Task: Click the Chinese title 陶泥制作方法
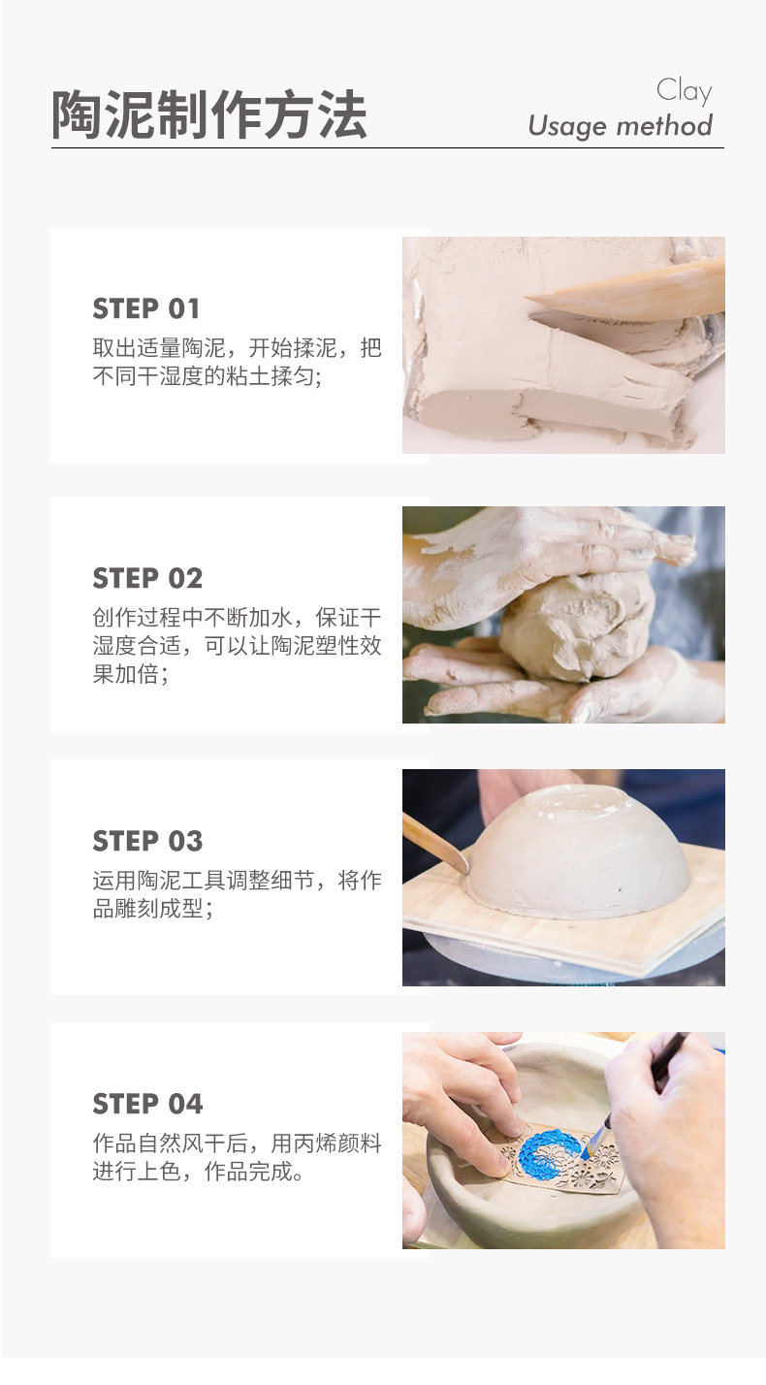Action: (x=209, y=115)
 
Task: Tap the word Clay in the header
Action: (x=684, y=91)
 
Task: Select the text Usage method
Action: (x=621, y=125)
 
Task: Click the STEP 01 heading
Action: (x=145, y=308)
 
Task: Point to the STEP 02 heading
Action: (x=147, y=578)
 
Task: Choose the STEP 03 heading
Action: (x=147, y=841)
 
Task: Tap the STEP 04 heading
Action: (x=147, y=1104)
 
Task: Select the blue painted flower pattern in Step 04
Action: (x=550, y=1154)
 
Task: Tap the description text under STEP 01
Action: (x=237, y=362)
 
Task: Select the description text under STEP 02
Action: (x=237, y=646)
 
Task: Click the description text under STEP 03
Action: (x=237, y=894)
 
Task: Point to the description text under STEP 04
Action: (x=237, y=1157)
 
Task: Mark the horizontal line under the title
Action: (x=388, y=148)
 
